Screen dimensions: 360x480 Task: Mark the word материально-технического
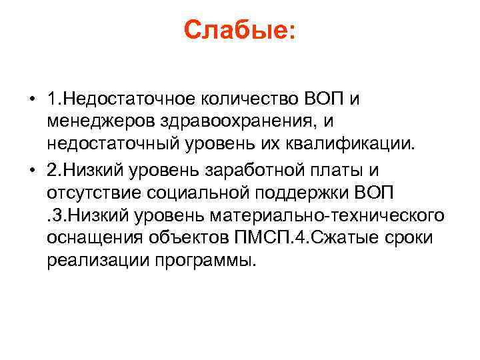(x=326, y=215)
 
